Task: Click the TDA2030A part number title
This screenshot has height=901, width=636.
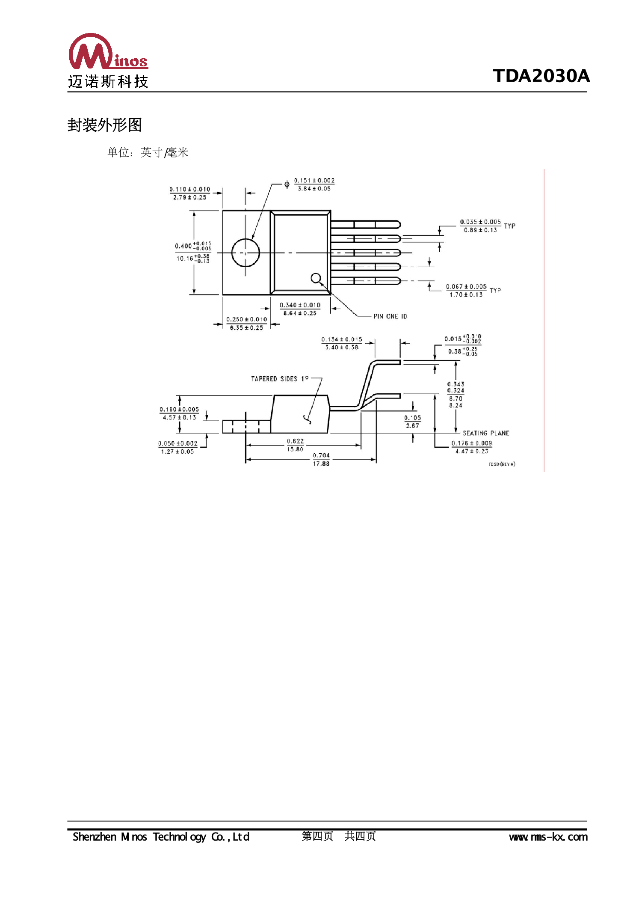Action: [541, 76]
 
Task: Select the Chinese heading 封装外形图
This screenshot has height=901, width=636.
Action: [104, 125]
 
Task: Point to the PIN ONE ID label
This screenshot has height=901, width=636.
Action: [390, 316]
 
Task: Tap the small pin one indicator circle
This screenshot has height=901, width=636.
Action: [316, 278]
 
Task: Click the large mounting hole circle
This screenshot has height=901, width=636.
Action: [246, 253]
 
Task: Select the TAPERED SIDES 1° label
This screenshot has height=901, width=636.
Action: [279, 379]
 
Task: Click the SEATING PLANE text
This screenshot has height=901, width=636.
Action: [485, 433]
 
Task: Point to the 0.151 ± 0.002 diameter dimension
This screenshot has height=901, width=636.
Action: [314, 181]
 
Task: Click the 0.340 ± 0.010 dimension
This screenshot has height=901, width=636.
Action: [300, 305]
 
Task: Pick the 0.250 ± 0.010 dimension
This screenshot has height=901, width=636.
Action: [246, 319]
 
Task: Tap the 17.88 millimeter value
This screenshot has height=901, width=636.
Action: [321, 464]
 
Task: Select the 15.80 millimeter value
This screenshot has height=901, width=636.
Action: [295, 449]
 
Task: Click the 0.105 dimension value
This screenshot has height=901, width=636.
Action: [412, 418]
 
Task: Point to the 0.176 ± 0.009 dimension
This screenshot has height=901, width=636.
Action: [471, 443]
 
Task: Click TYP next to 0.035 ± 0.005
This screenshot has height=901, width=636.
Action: [509, 226]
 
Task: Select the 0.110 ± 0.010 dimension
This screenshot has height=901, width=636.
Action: [189, 189]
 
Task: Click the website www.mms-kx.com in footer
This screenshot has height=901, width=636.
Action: [548, 837]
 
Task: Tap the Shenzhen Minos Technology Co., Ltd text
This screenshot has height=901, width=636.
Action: [161, 837]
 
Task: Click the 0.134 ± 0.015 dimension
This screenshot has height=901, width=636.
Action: [341, 339]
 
